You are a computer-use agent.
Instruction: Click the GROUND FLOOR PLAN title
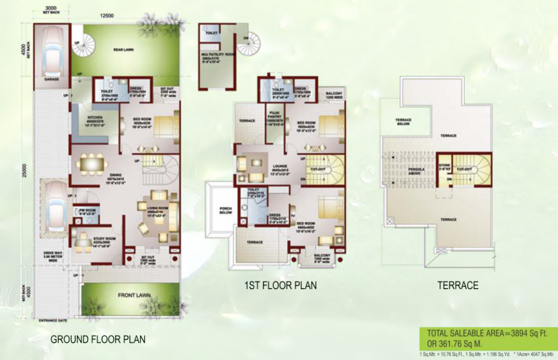(x=98, y=340)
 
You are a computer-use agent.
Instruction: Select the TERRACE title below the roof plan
(x=458, y=285)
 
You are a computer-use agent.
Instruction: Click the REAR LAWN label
(x=123, y=50)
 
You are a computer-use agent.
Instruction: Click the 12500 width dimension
(x=107, y=16)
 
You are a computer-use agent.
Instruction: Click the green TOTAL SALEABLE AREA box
(x=487, y=338)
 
